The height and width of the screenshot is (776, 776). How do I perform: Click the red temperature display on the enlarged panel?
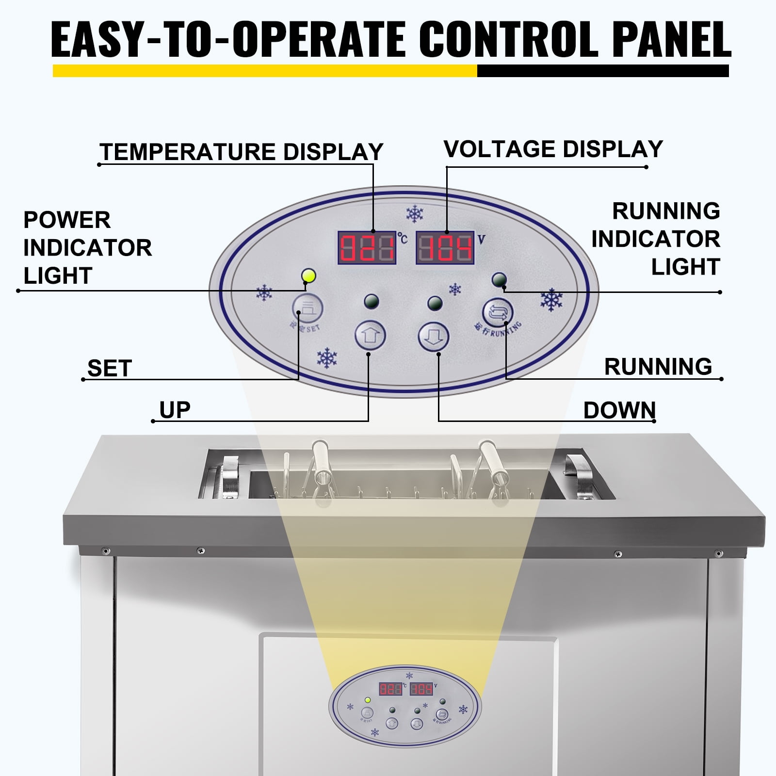tap(367, 248)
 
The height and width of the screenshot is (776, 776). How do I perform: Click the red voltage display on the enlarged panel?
tap(445, 248)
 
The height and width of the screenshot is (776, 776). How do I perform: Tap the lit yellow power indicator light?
tap(308, 276)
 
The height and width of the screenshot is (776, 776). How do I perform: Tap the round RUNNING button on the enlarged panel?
tap(497, 312)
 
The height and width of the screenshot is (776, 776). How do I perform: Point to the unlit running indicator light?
tap(499, 280)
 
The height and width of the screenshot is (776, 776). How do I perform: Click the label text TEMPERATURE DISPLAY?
tap(242, 152)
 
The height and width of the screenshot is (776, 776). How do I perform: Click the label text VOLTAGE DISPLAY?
tap(553, 149)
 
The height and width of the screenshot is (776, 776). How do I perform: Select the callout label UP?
tap(175, 410)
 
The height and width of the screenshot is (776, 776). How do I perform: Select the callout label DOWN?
tap(619, 411)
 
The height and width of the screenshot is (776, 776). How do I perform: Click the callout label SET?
tap(110, 369)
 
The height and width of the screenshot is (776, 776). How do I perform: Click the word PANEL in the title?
tap(671, 40)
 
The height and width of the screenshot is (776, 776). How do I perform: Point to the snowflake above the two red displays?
tap(415, 213)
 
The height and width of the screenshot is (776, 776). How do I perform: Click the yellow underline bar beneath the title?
tap(264, 71)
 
